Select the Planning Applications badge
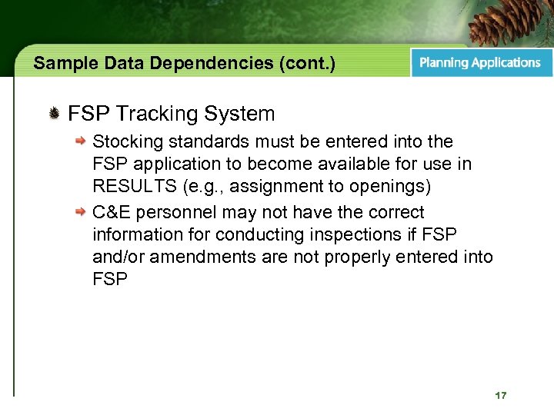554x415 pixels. point(480,63)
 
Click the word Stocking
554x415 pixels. point(123,142)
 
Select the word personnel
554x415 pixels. point(166,212)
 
